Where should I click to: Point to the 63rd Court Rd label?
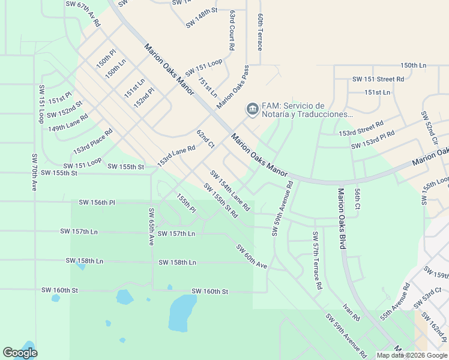tap(232, 30)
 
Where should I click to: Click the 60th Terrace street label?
tap(260, 32)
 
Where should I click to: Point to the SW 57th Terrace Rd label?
tap(315, 260)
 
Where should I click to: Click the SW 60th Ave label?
tap(252, 256)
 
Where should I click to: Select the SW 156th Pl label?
tap(96, 203)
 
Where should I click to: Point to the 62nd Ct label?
tap(205, 139)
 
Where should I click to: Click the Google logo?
tap(20, 353)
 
